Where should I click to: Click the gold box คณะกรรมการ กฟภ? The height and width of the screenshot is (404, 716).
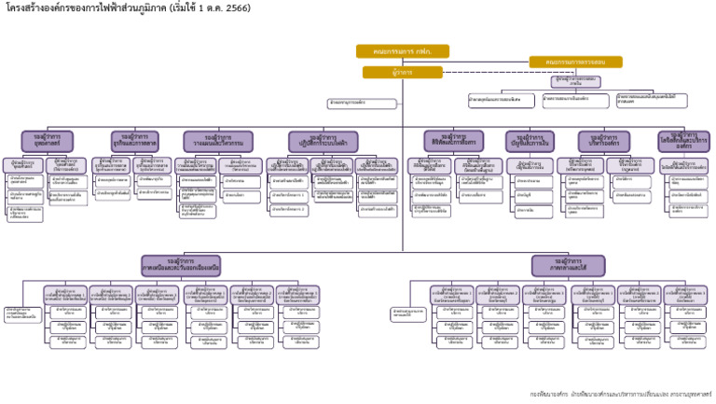click(402, 51)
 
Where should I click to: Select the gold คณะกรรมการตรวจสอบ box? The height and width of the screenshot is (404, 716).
click(575, 63)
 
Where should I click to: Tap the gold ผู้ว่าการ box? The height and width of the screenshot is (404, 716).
click(402, 72)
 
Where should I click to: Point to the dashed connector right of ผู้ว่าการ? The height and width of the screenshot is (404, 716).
click(494, 72)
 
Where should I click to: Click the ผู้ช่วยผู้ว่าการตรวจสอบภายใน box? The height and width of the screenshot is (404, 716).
click(575, 81)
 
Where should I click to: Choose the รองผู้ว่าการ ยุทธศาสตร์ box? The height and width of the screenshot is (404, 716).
click(47, 141)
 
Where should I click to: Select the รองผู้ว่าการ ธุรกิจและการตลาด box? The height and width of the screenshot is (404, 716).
click(135, 141)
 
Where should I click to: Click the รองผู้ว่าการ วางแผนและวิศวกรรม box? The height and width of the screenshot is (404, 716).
click(218, 141)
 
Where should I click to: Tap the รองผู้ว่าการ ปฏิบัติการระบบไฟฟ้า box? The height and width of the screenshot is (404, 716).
click(323, 142)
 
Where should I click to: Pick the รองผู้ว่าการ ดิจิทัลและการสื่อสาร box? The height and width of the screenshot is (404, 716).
click(453, 141)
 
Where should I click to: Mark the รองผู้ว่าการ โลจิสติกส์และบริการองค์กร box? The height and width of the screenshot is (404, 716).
click(683, 141)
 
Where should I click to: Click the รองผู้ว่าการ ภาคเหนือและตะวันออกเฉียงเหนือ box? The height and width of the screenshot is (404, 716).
click(181, 266)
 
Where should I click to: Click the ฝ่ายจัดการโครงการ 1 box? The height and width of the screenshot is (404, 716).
click(288, 196)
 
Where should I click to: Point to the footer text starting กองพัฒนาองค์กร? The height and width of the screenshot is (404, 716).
click(621, 394)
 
